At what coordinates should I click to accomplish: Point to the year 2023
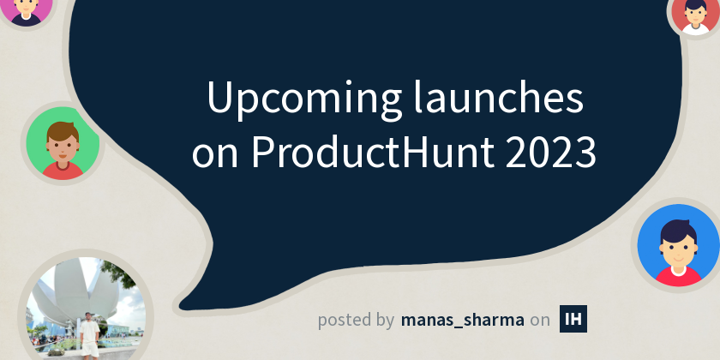(x=550, y=153)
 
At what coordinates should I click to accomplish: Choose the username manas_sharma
(x=462, y=320)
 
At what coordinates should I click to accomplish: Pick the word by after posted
(x=385, y=321)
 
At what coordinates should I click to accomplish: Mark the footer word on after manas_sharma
(x=540, y=321)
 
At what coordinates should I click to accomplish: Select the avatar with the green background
(x=62, y=144)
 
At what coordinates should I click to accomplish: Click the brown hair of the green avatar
(x=62, y=129)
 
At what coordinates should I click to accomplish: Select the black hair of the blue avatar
(x=677, y=228)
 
